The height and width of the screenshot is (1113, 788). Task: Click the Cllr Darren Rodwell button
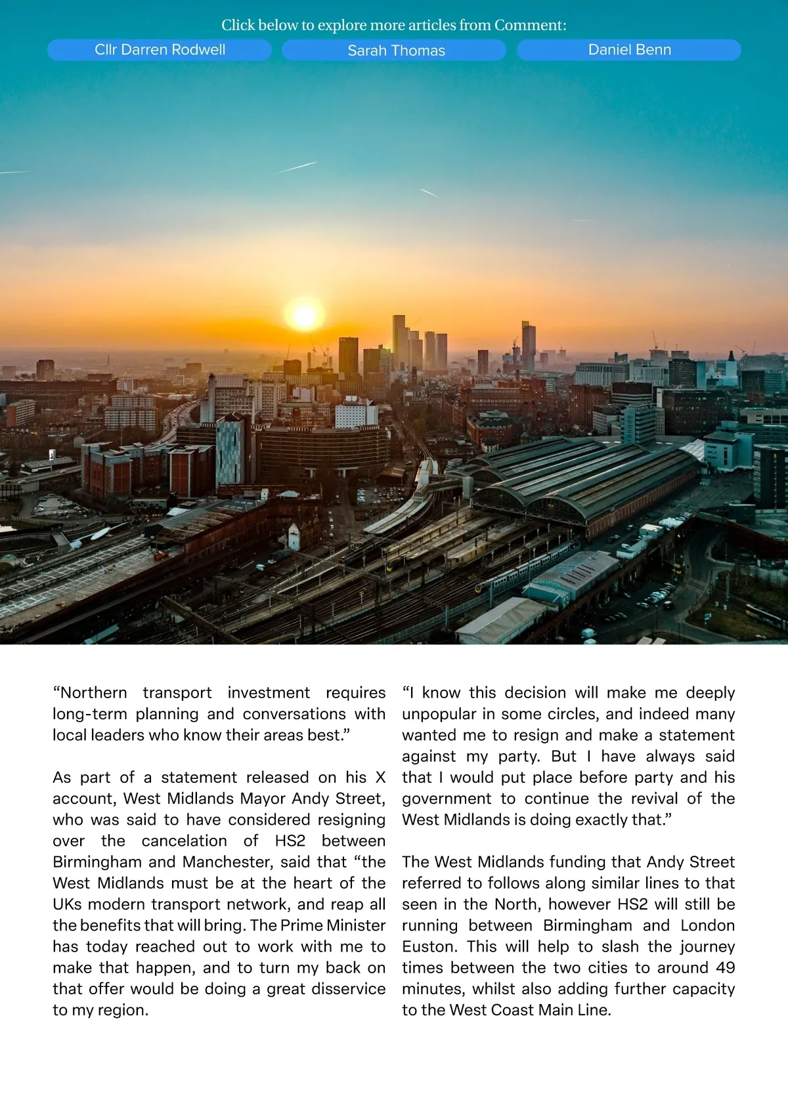pyautogui.click(x=160, y=50)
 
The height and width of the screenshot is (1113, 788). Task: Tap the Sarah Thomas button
pyautogui.click(x=396, y=51)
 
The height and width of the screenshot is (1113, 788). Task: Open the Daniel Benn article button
pyautogui.click(x=629, y=50)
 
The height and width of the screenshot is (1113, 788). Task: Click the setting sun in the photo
pyautogui.click(x=304, y=316)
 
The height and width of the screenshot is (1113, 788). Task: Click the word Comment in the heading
pyautogui.click(x=529, y=25)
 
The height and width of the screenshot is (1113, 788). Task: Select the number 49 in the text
pyautogui.click(x=725, y=967)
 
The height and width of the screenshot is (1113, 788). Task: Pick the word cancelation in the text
pyautogui.click(x=184, y=841)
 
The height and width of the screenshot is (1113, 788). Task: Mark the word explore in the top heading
pyautogui.click(x=341, y=25)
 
